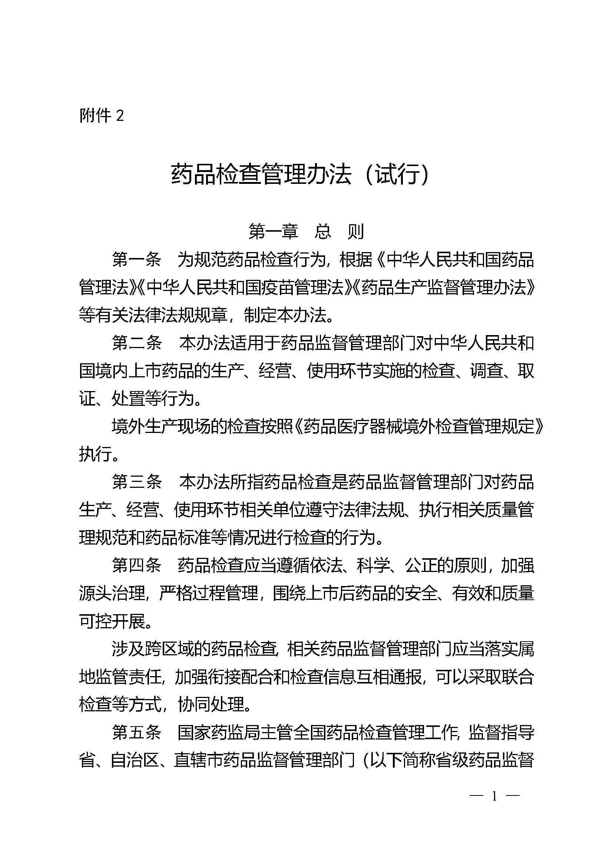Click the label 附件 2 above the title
point(101,115)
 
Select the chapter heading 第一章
point(273,231)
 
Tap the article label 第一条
point(137,260)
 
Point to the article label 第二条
point(137,343)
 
